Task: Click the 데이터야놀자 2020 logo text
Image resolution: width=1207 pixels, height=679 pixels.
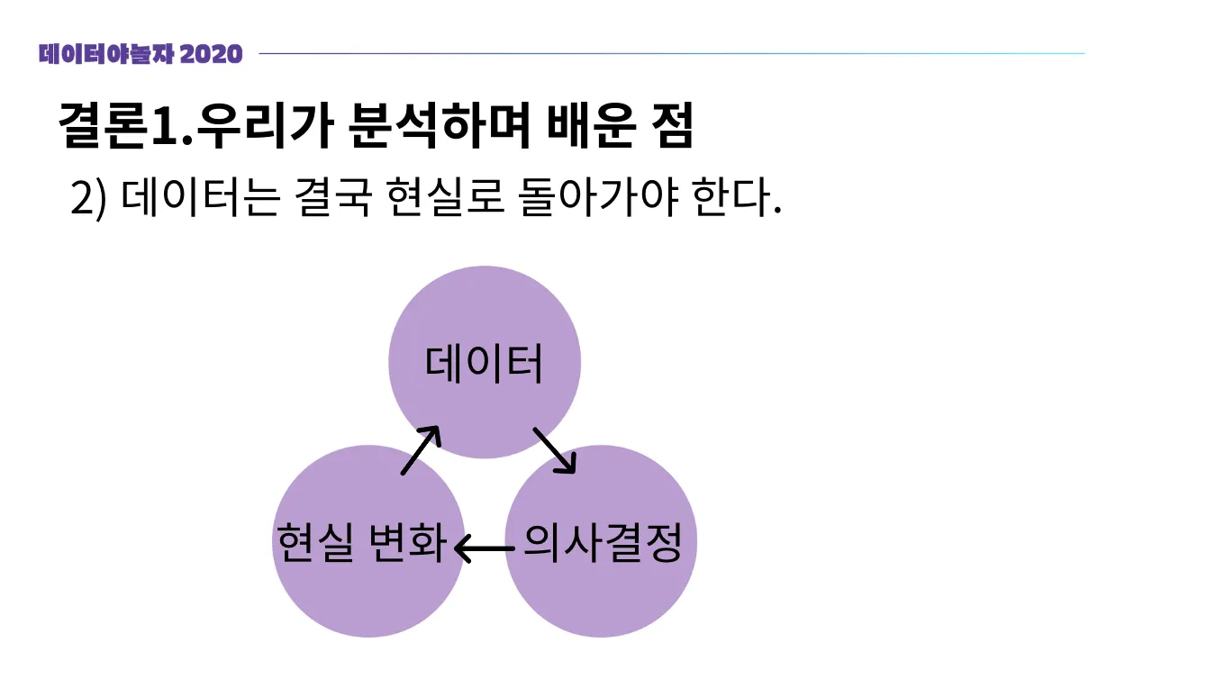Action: pos(141,54)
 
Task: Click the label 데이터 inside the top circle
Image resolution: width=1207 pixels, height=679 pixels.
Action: pos(485,363)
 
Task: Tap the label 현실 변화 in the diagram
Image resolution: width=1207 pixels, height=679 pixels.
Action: pos(360,543)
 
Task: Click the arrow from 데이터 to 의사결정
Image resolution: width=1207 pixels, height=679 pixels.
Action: pos(555,450)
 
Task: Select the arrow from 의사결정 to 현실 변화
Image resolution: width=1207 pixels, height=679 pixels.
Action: pos(485,548)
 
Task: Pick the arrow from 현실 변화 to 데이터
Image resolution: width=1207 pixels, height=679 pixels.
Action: pos(421,449)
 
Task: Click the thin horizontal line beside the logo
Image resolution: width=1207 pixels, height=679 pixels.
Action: pos(671,54)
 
